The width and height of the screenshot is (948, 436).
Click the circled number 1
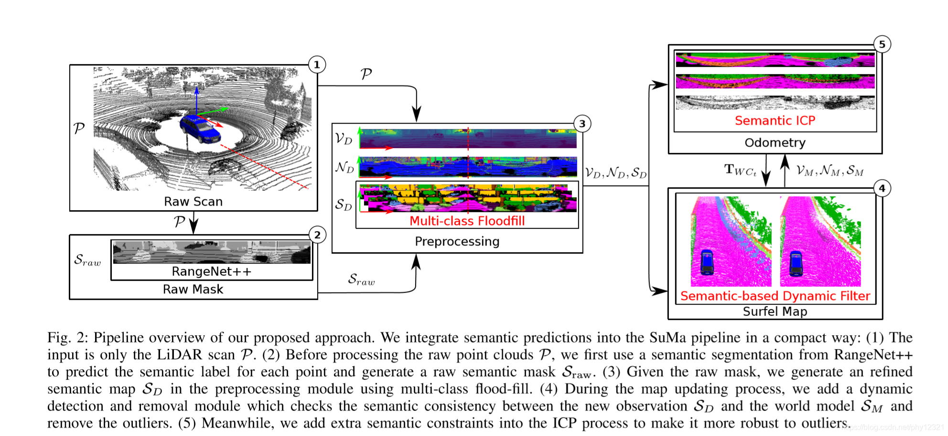click(x=317, y=64)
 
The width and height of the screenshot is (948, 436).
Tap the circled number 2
click(x=317, y=234)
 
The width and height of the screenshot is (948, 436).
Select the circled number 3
click(x=582, y=124)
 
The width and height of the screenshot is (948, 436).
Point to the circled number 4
click(x=882, y=188)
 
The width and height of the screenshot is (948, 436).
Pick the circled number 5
click(x=882, y=44)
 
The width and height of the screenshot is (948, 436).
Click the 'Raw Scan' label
click(x=193, y=202)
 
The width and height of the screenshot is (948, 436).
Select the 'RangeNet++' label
click(x=211, y=271)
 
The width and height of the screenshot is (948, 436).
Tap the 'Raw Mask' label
click(x=193, y=289)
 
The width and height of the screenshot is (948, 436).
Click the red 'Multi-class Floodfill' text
click(x=467, y=221)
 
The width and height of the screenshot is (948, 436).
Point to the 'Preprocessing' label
click(x=457, y=241)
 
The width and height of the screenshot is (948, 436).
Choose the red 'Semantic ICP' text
click(x=775, y=120)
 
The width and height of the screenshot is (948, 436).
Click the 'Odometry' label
click(x=775, y=143)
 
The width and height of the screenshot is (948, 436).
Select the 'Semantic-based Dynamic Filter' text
click(x=775, y=296)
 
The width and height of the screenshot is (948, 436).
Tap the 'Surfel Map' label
click(x=775, y=311)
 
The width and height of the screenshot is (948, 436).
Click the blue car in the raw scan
click(x=200, y=128)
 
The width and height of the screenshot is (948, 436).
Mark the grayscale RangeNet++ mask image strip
click(x=212, y=253)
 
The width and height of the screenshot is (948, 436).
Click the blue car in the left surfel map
click(x=707, y=262)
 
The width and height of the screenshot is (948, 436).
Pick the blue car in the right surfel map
click(x=796, y=263)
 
